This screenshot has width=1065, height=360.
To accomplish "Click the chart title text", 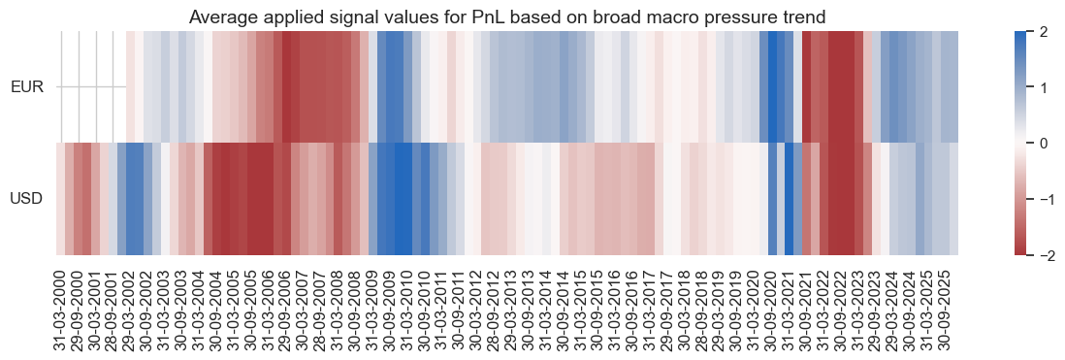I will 507,16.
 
